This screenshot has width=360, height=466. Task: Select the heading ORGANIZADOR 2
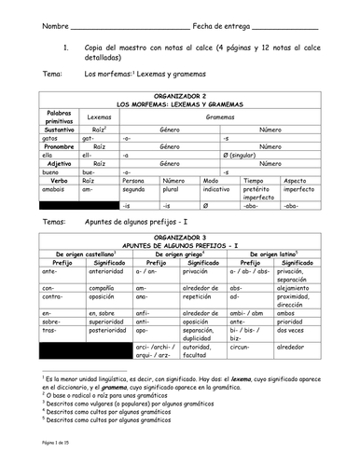pyautogui.click(x=180, y=95)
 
